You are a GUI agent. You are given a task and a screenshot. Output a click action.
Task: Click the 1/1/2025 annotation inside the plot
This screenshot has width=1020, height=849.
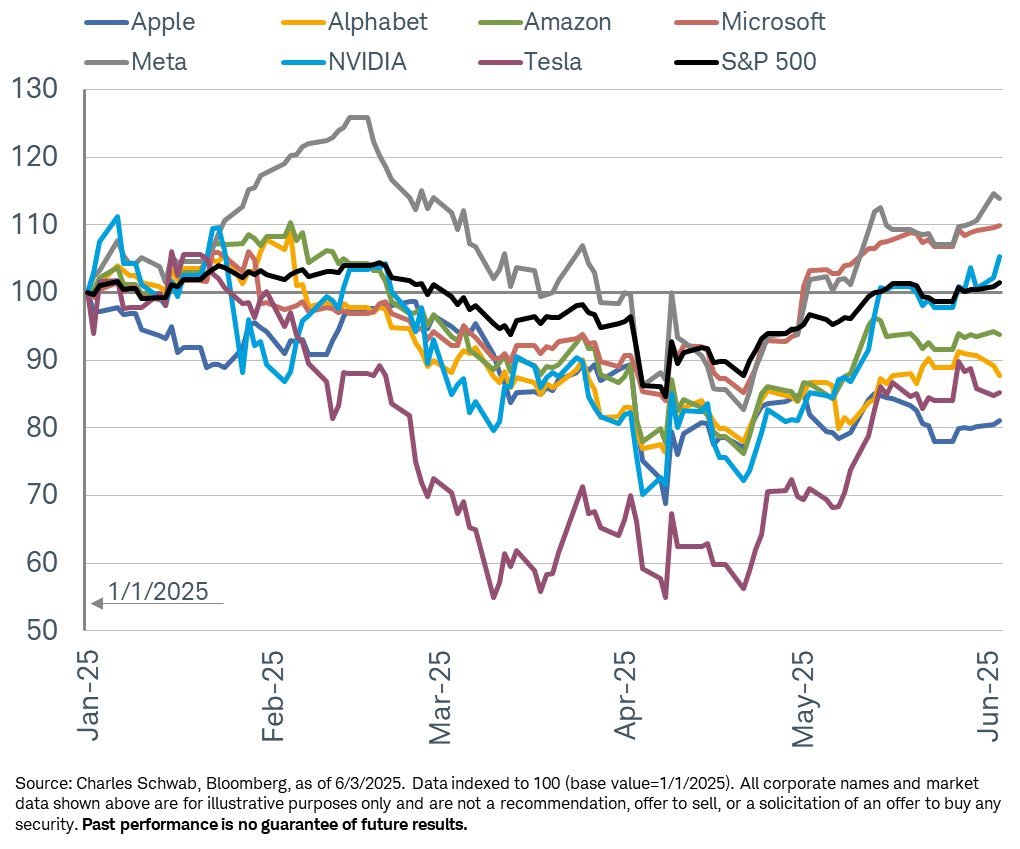pyautogui.click(x=159, y=592)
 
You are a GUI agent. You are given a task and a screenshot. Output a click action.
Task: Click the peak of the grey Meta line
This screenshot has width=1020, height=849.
pyautogui.click(x=358, y=117)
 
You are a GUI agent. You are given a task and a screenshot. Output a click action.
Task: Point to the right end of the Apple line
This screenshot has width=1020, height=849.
pyautogui.click(x=1000, y=421)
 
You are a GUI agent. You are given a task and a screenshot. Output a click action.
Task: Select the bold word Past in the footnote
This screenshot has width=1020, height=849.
pyautogui.click(x=100, y=825)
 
